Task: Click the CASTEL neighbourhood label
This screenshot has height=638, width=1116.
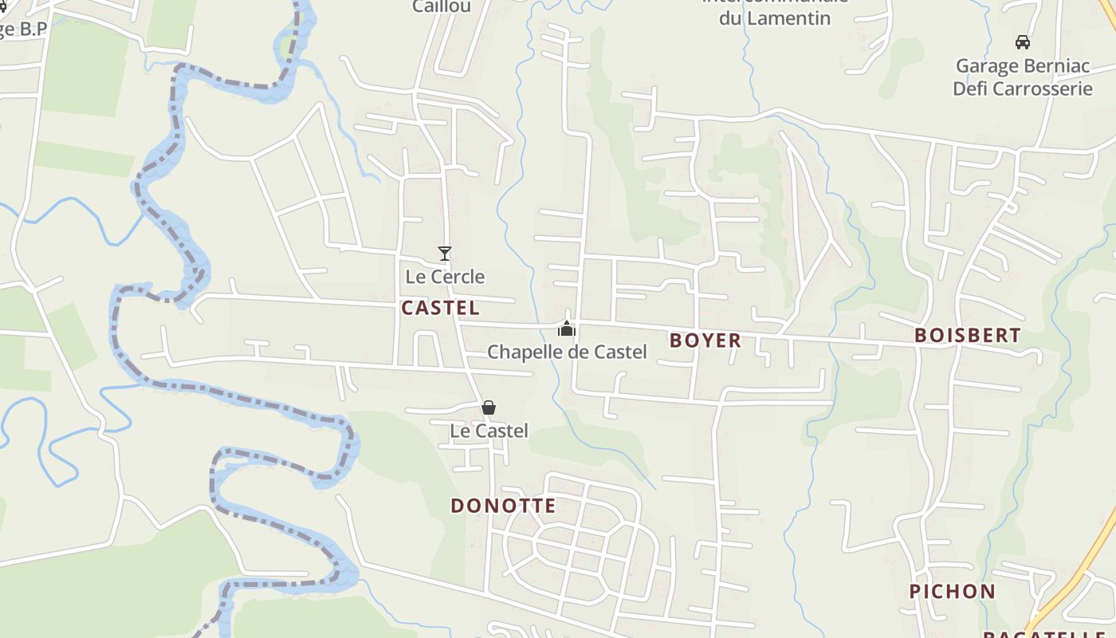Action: [440, 308]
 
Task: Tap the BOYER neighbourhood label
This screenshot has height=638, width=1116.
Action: [705, 341]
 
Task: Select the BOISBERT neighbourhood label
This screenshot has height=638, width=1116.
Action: [968, 335]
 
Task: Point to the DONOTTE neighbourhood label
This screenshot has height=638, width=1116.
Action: [503, 506]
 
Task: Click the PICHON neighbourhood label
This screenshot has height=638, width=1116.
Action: [953, 591]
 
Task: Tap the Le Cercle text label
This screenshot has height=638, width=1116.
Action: [445, 277]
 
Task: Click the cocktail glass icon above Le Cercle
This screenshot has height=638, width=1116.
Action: [445, 254]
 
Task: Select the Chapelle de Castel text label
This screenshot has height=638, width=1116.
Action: [567, 352]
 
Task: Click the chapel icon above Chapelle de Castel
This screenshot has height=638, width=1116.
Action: [567, 329]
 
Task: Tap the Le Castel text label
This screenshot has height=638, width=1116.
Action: [489, 431]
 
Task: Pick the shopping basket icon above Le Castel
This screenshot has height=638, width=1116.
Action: [489, 408]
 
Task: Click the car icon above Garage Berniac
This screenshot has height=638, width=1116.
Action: [1022, 42]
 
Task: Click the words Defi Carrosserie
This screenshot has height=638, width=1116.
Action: [1022, 88]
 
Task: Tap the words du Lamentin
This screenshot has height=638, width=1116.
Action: [775, 18]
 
